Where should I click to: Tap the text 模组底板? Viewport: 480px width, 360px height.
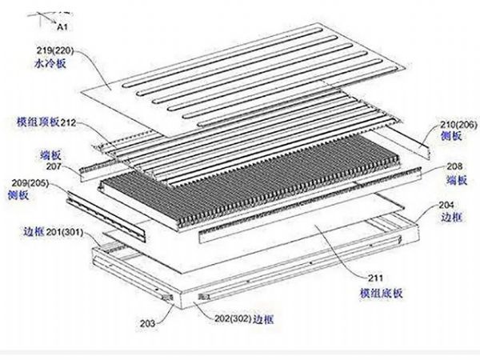click(372, 293)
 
